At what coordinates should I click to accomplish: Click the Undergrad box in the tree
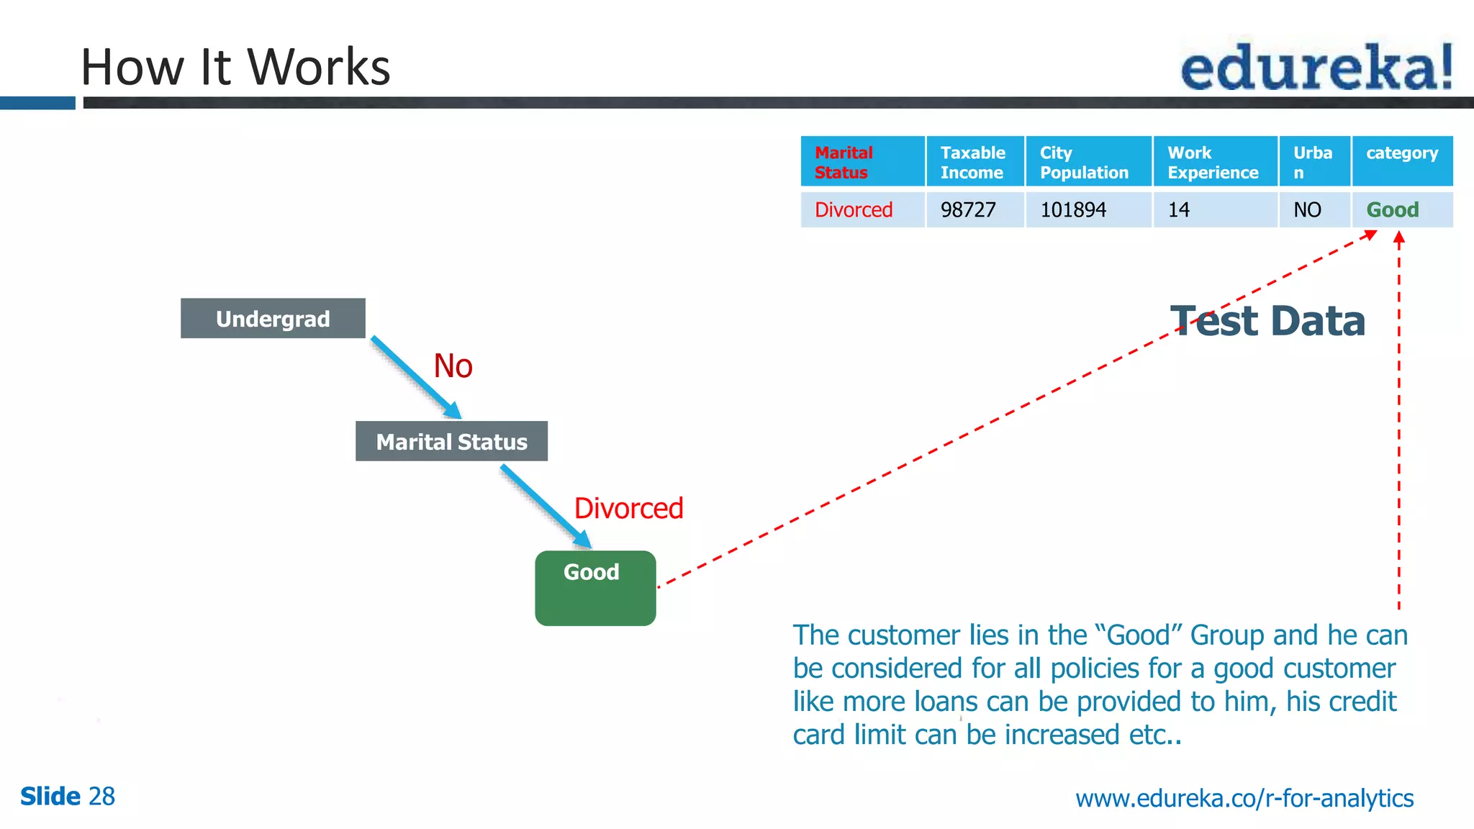[x=273, y=318]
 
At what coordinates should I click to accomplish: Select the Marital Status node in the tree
[x=451, y=441]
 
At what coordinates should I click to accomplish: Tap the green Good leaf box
[x=595, y=588]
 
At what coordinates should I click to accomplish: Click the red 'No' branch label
[x=453, y=366]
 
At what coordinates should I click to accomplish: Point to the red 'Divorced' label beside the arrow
[x=628, y=509]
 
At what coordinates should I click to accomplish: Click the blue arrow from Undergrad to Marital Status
[x=415, y=376]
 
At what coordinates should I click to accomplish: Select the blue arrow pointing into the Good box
[x=546, y=506]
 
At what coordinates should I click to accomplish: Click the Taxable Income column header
[x=974, y=162]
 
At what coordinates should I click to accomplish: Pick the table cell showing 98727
[x=969, y=210]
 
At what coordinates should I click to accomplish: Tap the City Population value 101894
[x=1073, y=210]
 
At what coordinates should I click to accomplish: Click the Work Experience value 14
[x=1179, y=210]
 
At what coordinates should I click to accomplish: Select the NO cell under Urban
[x=1307, y=210]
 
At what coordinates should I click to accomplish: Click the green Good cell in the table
[x=1393, y=210]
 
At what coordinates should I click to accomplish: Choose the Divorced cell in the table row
[x=854, y=210]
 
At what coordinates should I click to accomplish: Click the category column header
[x=1401, y=153]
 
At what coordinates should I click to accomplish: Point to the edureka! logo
[x=1316, y=67]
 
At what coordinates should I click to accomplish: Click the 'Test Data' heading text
[x=1267, y=321]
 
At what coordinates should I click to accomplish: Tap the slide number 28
[x=101, y=797]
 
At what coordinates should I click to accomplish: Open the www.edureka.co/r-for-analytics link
[x=1244, y=798]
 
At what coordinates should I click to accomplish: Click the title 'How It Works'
[x=235, y=67]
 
